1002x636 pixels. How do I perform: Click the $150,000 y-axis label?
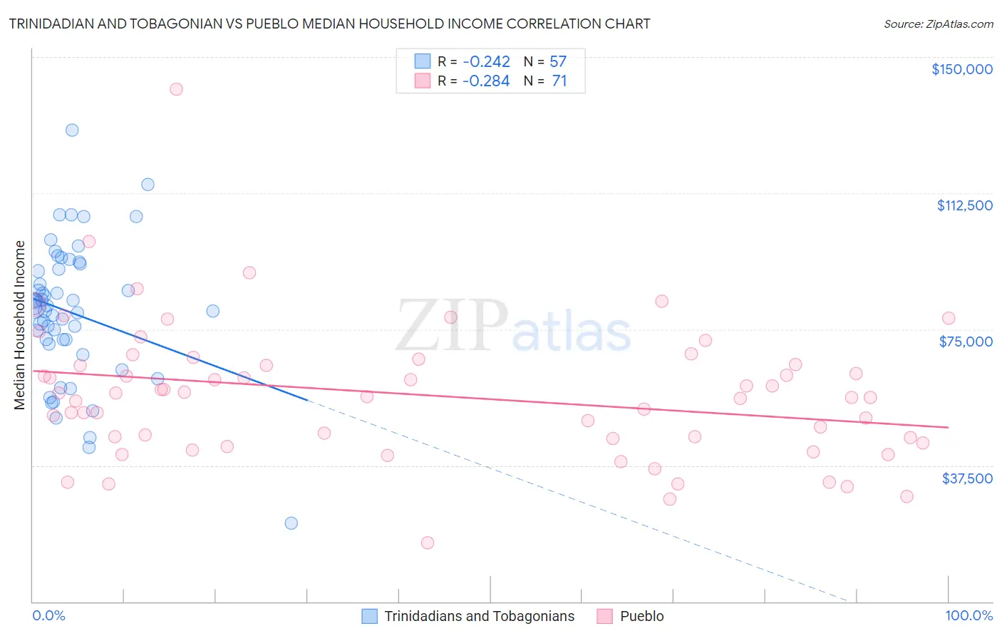961,69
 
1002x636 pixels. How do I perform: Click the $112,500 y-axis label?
964,205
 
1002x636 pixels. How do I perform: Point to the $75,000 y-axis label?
966,342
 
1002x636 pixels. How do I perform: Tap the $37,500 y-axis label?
967,478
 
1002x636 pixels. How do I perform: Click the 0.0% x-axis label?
48,615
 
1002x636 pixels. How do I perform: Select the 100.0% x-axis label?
969,615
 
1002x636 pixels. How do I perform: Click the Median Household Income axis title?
19,325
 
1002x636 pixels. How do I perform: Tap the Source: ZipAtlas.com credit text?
938,24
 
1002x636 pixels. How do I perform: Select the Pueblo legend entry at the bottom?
641,616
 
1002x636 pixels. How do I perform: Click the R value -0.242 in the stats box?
486,62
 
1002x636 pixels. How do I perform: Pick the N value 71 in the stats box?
559,81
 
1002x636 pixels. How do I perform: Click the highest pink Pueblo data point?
176,89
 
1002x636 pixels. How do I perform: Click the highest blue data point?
72,130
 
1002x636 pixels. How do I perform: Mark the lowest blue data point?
291,523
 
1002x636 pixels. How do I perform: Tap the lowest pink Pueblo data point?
428,543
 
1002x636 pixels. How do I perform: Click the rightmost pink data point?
948,318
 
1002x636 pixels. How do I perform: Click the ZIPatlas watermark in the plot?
513,327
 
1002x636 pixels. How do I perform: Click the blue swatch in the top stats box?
423,62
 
